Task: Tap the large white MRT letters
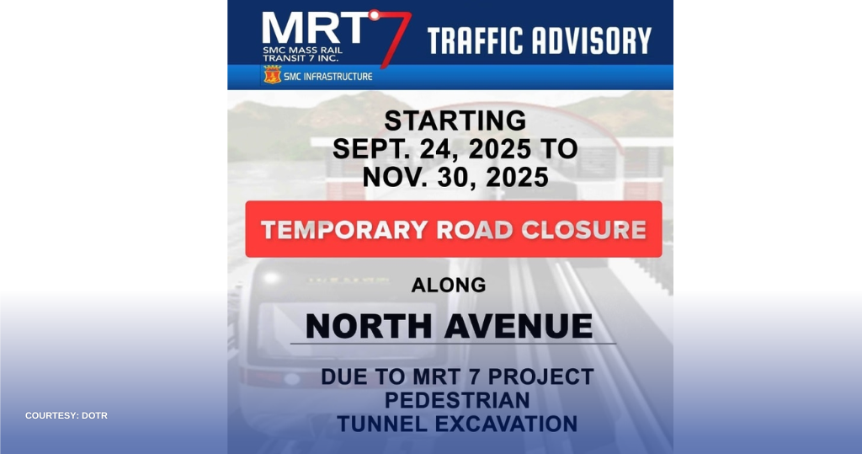coord(315,29)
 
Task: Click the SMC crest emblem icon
coord(272,75)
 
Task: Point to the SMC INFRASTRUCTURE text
coord(328,77)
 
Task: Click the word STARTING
coord(455,120)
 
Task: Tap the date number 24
coord(438,148)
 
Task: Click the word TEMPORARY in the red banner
coord(344,230)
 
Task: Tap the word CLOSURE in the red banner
coord(584,230)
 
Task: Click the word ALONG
coord(449,285)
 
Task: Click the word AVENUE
coord(519,326)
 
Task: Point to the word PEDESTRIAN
coord(457,400)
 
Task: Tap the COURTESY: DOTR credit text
coord(67,415)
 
